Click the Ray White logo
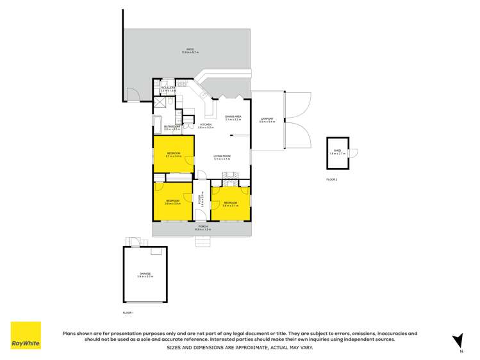[26, 336]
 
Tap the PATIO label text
[190, 50]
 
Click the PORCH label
[203, 227]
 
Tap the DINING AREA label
[232, 117]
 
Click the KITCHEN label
[206, 125]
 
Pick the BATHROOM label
[171, 127]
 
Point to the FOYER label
[201, 198]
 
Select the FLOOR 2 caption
[332, 179]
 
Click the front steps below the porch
[203, 242]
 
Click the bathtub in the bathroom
[158, 124]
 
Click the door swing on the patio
[132, 94]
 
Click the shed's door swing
[352, 152]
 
